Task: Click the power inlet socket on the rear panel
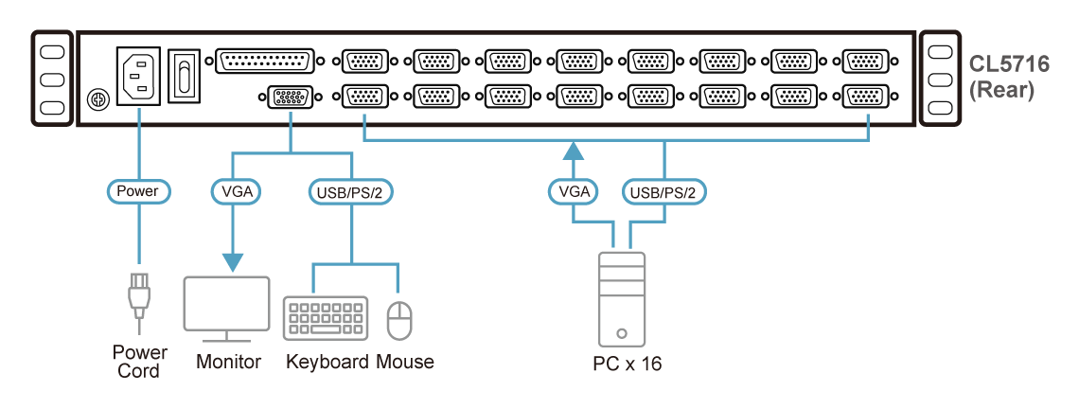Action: [138, 75]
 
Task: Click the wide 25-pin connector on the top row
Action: [265, 62]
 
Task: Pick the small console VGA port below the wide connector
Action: [289, 98]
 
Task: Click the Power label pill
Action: [137, 191]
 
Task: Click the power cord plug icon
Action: [138, 296]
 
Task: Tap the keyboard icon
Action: [326, 318]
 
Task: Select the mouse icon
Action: [401, 320]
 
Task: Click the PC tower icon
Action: [621, 298]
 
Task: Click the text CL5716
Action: [1008, 64]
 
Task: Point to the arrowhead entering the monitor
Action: [232, 261]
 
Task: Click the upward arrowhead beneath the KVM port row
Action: [574, 151]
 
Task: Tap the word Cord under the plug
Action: [138, 371]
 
